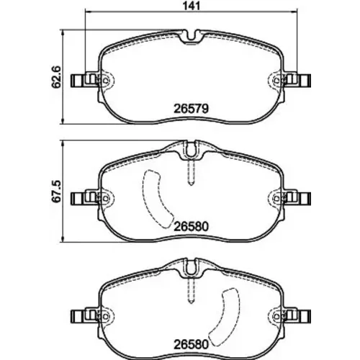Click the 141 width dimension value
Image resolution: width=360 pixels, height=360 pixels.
192,6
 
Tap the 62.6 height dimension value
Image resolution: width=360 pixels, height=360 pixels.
57,77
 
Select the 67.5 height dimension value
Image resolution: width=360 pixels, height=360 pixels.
57,192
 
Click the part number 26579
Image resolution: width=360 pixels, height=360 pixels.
191,109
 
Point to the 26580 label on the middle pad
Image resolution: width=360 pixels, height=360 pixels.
191,226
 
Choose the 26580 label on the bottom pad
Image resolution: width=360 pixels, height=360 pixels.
191,345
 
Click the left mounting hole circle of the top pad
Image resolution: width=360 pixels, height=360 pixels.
105,81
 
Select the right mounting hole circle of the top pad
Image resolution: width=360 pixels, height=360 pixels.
276,81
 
